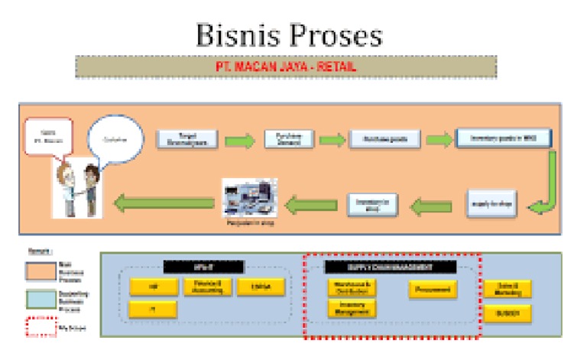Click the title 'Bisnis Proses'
(288, 34)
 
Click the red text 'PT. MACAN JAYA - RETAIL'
(286, 67)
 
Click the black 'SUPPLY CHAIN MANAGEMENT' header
(390, 268)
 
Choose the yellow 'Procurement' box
(433, 289)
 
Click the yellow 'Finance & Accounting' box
(203, 287)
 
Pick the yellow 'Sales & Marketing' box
(508, 288)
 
